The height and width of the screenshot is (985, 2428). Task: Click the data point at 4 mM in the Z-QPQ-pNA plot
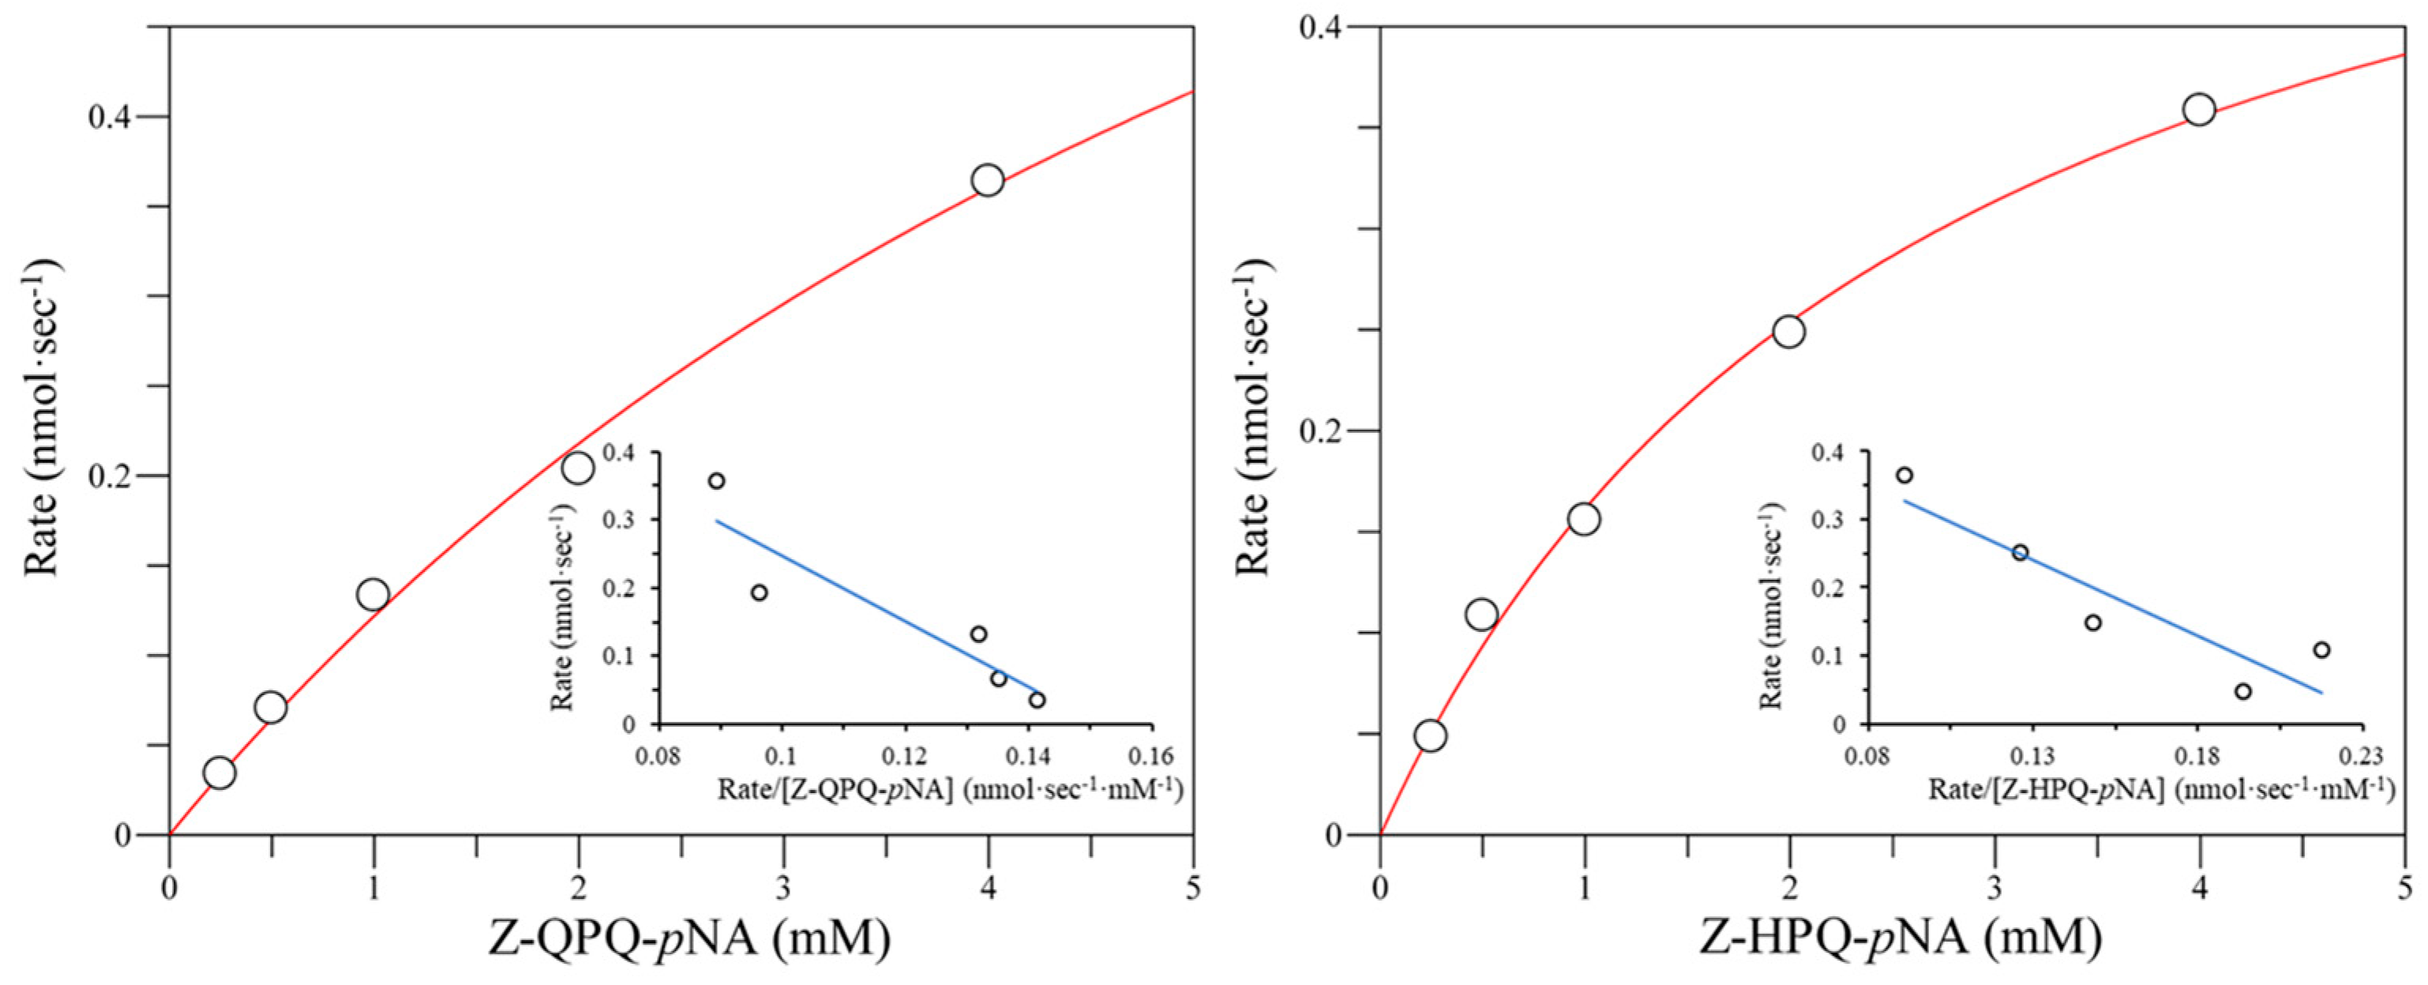coord(987,180)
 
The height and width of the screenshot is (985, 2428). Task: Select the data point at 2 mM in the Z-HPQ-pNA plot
coord(1788,332)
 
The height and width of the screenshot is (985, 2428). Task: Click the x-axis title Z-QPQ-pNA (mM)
coord(689,939)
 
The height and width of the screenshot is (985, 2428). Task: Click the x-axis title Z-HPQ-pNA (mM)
coord(1901,939)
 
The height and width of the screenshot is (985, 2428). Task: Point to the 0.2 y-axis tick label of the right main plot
coord(1324,430)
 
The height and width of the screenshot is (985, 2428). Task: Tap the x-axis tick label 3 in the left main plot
coord(783,888)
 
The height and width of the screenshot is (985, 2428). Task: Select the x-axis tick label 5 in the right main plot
coord(2404,888)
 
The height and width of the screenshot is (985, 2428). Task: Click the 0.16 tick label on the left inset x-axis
coord(1151,757)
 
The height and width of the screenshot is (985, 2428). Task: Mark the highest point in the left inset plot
coord(716,481)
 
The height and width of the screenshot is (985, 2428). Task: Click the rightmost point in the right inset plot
coord(2321,650)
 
